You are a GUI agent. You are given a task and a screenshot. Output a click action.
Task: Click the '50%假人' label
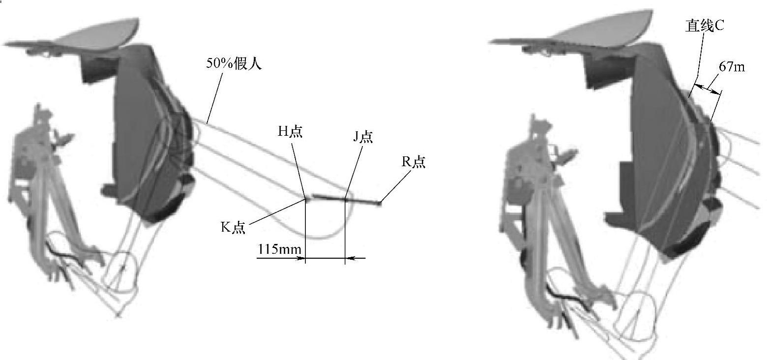click(x=234, y=63)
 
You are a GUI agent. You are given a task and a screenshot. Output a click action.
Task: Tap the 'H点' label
click(x=290, y=131)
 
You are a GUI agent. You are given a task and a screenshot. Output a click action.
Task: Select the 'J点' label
click(x=363, y=137)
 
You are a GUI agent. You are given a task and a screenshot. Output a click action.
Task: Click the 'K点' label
click(x=233, y=227)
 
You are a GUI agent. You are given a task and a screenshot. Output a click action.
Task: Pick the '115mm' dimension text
click(x=279, y=248)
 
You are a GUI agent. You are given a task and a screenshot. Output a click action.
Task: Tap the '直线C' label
click(x=705, y=26)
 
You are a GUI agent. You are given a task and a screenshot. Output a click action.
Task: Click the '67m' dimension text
click(x=732, y=66)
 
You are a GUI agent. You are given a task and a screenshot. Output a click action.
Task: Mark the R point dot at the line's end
click(x=379, y=203)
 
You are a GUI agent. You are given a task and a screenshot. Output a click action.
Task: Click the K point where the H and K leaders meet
click(x=305, y=199)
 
